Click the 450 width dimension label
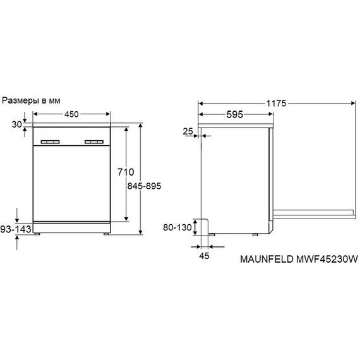point(71,114)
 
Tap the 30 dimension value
point(17,124)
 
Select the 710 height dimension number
point(126,172)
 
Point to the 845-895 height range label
point(144,186)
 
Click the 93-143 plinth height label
point(16,229)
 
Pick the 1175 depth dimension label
point(276,104)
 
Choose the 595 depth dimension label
point(235,114)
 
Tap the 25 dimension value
point(188,131)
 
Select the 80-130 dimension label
point(177,227)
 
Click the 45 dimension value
point(204,256)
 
